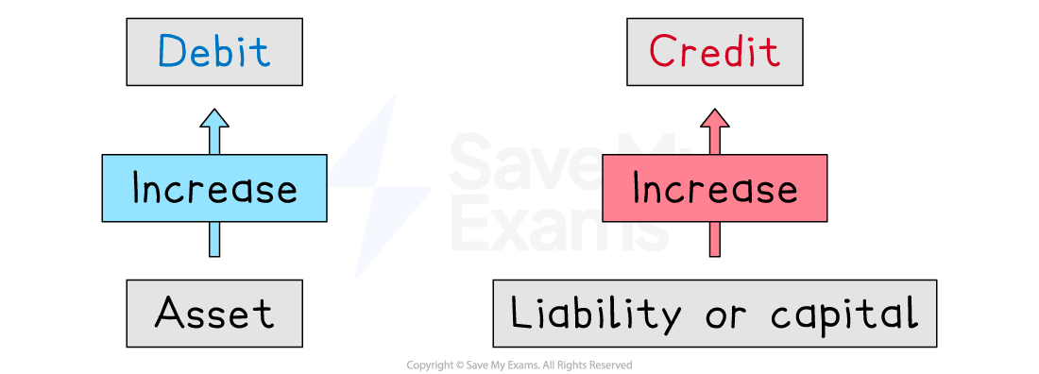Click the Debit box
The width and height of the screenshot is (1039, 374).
pyautogui.click(x=214, y=53)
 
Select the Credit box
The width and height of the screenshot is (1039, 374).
pyautogui.click(x=715, y=53)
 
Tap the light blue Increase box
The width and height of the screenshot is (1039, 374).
pyautogui.click(x=214, y=189)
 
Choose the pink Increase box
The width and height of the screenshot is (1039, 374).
pyautogui.click(x=715, y=189)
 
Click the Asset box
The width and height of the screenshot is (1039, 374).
pyautogui.click(x=214, y=313)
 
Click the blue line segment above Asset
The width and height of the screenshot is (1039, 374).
pyautogui.click(x=214, y=239)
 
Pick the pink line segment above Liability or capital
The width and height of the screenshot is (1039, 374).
pyautogui.click(x=715, y=239)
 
